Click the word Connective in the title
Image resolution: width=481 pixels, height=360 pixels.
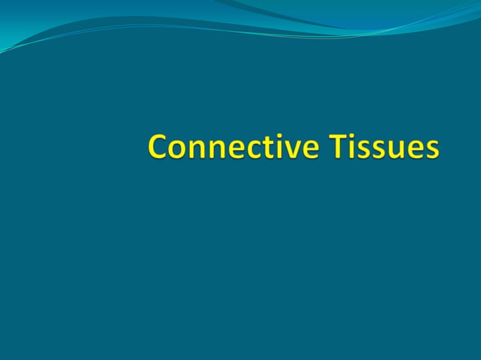(234, 146)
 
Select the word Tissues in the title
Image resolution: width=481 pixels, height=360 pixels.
(384, 146)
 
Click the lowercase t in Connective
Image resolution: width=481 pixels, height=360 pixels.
(272, 148)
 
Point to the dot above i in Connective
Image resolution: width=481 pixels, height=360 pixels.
(283, 136)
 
